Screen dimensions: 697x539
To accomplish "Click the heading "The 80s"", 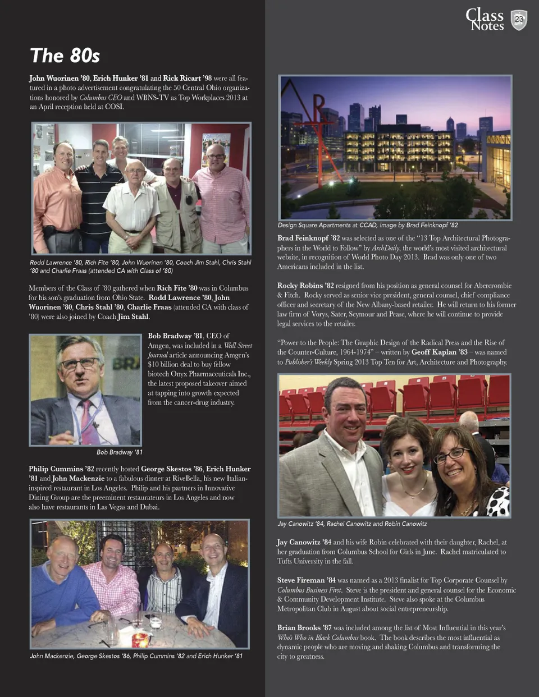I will (65, 56).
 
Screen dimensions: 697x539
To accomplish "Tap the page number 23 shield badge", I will (519, 20).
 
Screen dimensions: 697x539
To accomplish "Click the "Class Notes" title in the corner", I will (486, 20).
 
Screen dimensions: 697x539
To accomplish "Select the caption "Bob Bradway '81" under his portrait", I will (119, 452).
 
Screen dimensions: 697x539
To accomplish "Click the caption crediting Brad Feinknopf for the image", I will (368, 225).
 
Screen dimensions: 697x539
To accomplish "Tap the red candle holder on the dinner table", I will (139, 638).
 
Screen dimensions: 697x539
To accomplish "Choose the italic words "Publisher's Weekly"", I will (308, 362).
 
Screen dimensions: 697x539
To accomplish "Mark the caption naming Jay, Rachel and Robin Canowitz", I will (352, 524).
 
